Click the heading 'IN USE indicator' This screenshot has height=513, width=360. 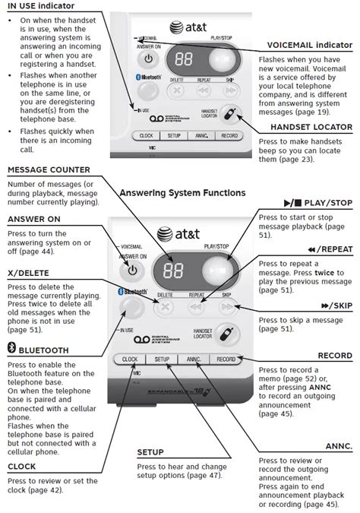(41, 6)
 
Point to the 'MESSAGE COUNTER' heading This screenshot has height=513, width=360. (49, 169)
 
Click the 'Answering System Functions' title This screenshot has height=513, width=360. (182, 193)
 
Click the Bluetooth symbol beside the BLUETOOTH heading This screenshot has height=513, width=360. (11, 350)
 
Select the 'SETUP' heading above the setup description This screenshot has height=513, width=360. (151, 451)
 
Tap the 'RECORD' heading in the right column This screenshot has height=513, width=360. (334, 355)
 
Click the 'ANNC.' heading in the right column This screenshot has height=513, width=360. (338, 445)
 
